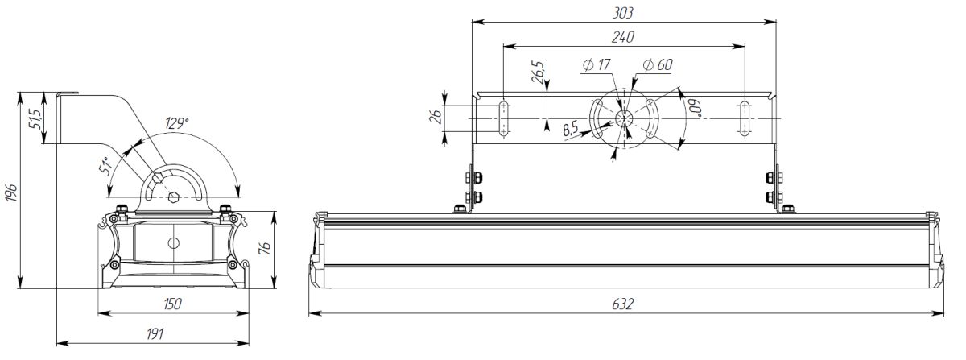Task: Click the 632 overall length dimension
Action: pyautogui.click(x=623, y=304)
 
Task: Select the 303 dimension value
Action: pyautogui.click(x=623, y=13)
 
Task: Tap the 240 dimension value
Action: pyautogui.click(x=623, y=37)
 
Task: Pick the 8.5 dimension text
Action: pyautogui.click(x=571, y=129)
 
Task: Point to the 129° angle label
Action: pyautogui.click(x=177, y=123)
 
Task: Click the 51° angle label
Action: pyautogui.click(x=105, y=164)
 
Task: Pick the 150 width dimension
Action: pyautogui.click(x=171, y=304)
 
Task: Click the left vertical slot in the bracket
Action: pyautogui.click(x=503, y=118)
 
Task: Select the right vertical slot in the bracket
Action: pyautogui.click(x=745, y=118)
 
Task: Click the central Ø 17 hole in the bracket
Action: pyautogui.click(x=624, y=118)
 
